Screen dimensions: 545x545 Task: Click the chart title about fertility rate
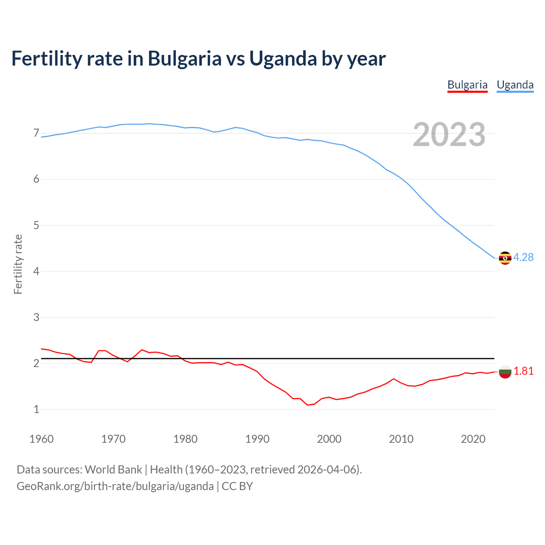pos(198,58)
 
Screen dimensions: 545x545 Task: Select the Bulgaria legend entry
pos(467,85)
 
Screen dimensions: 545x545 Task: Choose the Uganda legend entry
pos(515,85)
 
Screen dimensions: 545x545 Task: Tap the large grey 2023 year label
pos(449,135)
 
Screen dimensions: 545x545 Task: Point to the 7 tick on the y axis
pos(36,133)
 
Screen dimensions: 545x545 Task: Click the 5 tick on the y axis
pos(36,225)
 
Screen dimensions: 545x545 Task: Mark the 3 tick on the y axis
pos(36,317)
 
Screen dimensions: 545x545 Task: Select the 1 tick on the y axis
pos(36,409)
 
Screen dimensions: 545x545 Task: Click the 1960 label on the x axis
pos(41,439)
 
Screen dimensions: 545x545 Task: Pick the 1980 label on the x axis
pos(185,439)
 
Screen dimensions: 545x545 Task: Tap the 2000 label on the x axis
pos(329,439)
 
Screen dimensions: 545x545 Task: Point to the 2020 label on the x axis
pos(473,439)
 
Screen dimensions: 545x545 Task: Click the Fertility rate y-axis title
pos(18,264)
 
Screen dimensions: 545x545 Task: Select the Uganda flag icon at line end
pos(505,258)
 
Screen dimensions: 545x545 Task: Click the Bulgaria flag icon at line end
pos(505,372)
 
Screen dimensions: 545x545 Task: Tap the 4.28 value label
pos(523,257)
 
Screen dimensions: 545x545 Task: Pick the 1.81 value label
pos(523,371)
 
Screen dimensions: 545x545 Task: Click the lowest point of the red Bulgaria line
pos(307,405)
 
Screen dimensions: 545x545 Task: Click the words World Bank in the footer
pos(113,470)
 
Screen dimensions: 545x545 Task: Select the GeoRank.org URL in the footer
pos(115,486)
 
